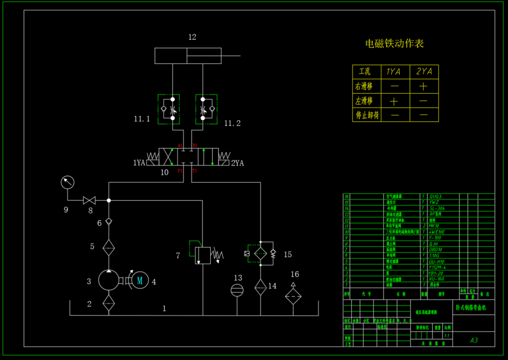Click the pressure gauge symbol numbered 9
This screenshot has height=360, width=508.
[67, 182]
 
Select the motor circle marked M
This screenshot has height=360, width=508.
[140, 280]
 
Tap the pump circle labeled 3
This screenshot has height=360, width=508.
[108, 280]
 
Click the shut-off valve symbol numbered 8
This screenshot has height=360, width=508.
[90, 200]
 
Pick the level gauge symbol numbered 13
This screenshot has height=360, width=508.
[237, 290]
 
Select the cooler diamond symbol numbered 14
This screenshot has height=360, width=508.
[260, 287]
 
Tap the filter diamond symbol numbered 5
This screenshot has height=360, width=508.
[108, 247]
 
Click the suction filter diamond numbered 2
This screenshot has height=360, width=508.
[108, 303]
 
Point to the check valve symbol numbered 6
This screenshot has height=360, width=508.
[108, 222]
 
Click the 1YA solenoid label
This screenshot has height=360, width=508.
[139, 163]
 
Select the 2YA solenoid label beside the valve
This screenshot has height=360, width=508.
[237, 163]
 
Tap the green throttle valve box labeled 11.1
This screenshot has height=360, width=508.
[168, 109]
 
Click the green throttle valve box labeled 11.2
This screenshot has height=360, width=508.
[207, 109]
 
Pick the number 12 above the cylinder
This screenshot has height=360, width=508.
[192, 37]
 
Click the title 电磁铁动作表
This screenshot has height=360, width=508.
[395, 43]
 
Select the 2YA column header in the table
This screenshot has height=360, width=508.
[424, 71]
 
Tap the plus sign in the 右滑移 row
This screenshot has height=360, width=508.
[423, 86]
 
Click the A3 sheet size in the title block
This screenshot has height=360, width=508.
[474, 340]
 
